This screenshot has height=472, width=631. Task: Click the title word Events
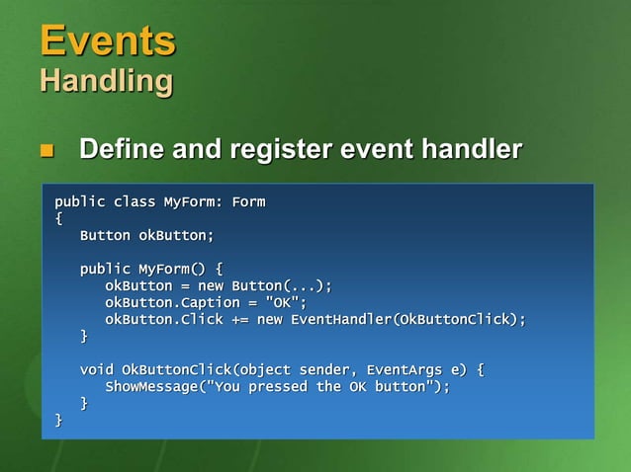(107, 40)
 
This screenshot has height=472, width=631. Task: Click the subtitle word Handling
(106, 80)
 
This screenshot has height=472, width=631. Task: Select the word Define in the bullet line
(121, 150)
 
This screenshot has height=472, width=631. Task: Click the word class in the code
(135, 202)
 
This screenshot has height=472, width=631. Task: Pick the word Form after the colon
(248, 202)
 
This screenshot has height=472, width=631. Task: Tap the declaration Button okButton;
(146, 236)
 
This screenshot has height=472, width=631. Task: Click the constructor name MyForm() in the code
(173, 269)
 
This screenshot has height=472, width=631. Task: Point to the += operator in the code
(240, 319)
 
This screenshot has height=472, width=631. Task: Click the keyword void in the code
(97, 369)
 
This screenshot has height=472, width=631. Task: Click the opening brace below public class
(58, 219)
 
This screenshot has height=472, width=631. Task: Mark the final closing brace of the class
(58, 420)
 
